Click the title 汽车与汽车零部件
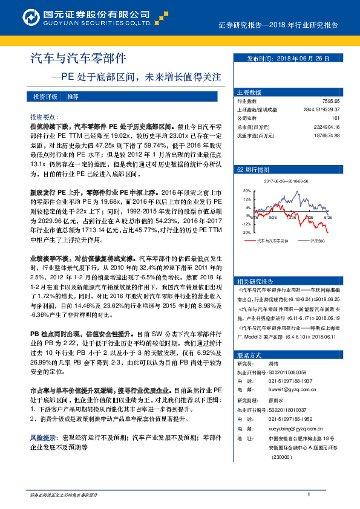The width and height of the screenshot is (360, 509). [78, 58]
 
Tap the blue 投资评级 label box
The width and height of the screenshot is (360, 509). [45, 97]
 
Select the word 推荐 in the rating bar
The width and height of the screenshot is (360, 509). [73, 97]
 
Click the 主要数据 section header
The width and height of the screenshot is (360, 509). [249, 92]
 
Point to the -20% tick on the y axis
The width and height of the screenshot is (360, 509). [246, 232]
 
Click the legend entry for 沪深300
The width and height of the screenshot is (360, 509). [316, 241]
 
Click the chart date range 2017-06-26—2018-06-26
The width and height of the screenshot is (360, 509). [286, 181]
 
